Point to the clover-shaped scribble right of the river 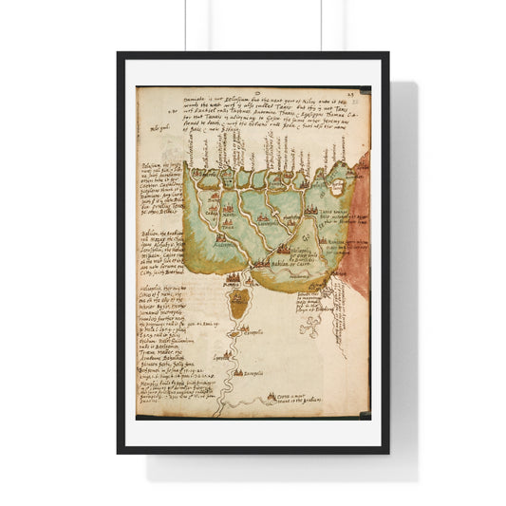(309, 327)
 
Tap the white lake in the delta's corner (338, 174)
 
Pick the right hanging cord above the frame (321, 25)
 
